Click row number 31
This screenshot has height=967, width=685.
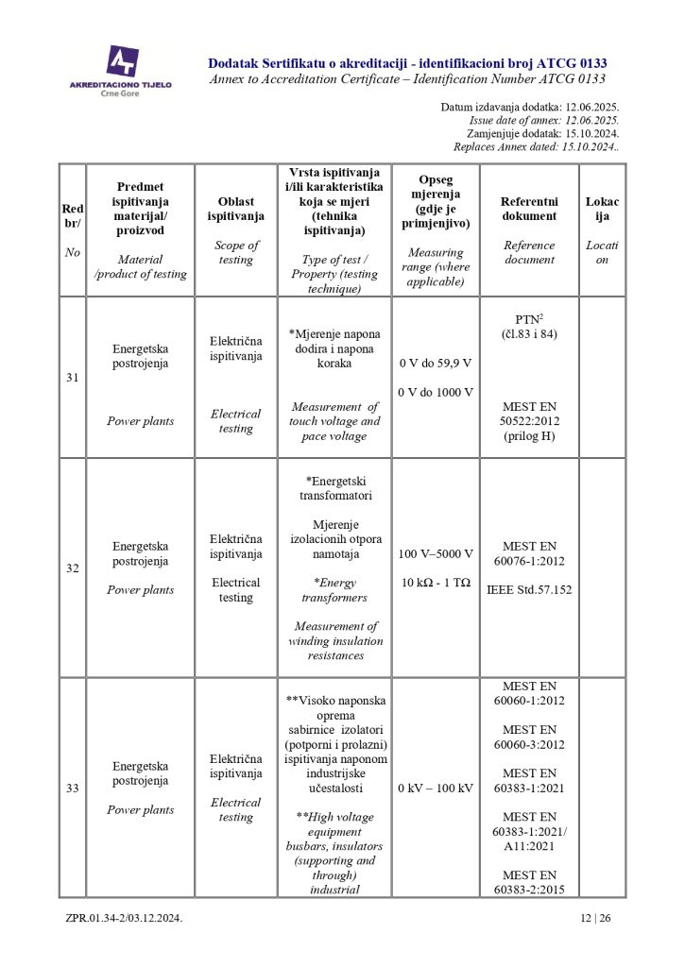tap(72, 378)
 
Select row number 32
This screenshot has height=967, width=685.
tap(72, 568)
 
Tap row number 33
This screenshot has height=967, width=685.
tap(72, 789)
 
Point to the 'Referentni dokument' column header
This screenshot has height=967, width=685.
tap(529, 209)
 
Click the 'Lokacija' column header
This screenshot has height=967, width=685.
tap(602, 209)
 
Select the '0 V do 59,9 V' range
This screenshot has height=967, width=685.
tap(436, 363)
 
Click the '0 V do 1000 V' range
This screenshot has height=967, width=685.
tap(436, 392)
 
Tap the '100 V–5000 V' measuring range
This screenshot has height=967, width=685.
tap(436, 553)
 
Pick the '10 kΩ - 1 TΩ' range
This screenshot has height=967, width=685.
tap(436, 583)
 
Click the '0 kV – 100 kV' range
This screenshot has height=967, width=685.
tap(436, 789)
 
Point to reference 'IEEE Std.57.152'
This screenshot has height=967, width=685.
tap(529, 590)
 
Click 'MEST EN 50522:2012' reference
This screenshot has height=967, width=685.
tap(529, 413)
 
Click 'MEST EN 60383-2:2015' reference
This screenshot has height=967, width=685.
tap(529, 882)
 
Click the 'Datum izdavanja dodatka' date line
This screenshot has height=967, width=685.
tap(529, 108)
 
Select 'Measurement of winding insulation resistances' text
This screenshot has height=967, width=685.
tap(335, 640)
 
